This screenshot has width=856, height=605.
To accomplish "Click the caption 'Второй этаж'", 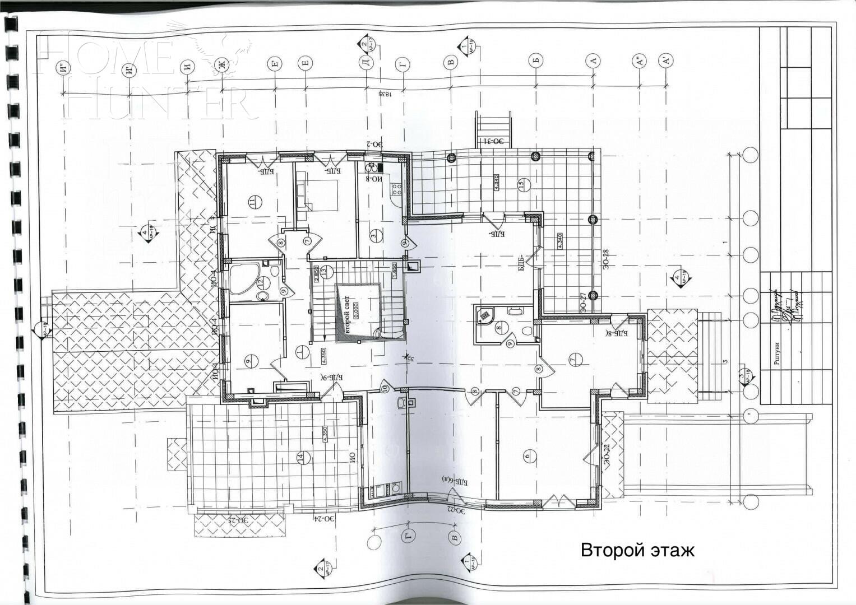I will (x=637, y=550).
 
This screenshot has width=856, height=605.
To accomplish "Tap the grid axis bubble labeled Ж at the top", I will (x=223, y=66).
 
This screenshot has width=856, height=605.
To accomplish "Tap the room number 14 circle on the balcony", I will (x=300, y=458).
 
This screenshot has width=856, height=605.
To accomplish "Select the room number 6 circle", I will (x=526, y=456).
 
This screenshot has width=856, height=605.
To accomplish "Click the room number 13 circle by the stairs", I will (x=323, y=271).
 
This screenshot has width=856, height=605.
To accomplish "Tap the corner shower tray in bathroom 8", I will (x=484, y=317).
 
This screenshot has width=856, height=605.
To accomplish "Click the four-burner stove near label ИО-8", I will (x=396, y=189).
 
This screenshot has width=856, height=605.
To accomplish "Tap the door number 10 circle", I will (x=385, y=388).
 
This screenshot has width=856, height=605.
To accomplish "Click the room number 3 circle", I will (x=373, y=236).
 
